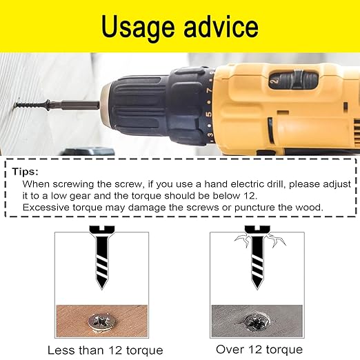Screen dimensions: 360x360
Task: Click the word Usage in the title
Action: click(138, 28)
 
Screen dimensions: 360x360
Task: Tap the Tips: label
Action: click(26, 172)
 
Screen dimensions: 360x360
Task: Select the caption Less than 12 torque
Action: click(106, 350)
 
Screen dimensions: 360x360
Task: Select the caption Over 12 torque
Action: click(259, 350)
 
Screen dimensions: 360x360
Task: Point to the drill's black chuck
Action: click(138, 106)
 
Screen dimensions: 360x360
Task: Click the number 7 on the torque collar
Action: click(209, 91)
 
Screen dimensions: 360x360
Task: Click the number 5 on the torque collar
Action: click(209, 114)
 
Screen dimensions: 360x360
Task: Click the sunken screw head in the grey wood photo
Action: click(257, 321)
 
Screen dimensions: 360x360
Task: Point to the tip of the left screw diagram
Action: click(101, 289)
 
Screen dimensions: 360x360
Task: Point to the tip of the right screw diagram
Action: click(257, 289)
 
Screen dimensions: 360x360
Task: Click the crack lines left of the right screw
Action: click(243, 241)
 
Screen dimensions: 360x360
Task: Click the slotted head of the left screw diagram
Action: click(102, 230)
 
